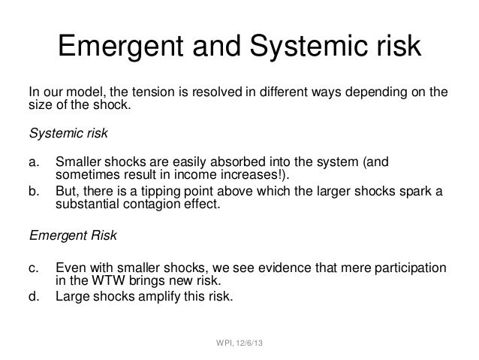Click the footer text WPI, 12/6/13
click(239, 345)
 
